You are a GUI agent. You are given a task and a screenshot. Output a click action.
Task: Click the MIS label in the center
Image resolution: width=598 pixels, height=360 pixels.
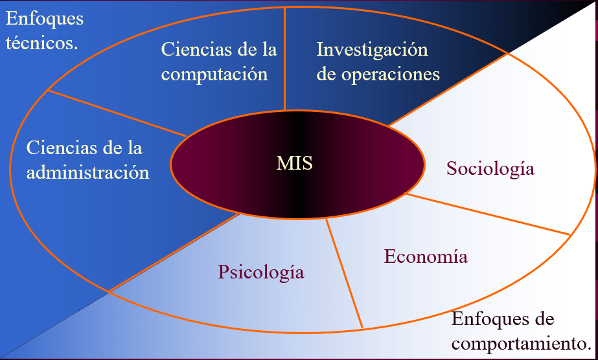(x=295, y=163)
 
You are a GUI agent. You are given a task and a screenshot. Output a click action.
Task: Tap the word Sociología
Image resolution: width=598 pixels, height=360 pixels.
(x=490, y=169)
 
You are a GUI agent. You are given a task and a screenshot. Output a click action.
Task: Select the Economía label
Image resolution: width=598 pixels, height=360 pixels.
(x=426, y=256)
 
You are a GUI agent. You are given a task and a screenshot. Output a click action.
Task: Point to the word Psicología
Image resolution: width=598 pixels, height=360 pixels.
(x=261, y=271)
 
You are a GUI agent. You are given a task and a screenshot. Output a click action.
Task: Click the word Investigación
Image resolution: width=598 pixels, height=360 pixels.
(x=372, y=49)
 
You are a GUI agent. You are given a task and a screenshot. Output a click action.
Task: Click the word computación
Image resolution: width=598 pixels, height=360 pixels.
(x=214, y=74)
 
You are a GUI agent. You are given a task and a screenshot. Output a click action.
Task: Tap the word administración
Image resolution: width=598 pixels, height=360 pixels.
(x=87, y=173)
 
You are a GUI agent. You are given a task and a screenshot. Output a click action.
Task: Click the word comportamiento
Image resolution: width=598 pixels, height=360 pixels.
(x=522, y=343)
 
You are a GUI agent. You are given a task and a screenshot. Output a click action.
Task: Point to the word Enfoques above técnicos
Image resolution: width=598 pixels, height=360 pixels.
(x=45, y=19)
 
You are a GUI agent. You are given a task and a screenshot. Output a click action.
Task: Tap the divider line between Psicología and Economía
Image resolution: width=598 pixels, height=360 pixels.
(x=344, y=272)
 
